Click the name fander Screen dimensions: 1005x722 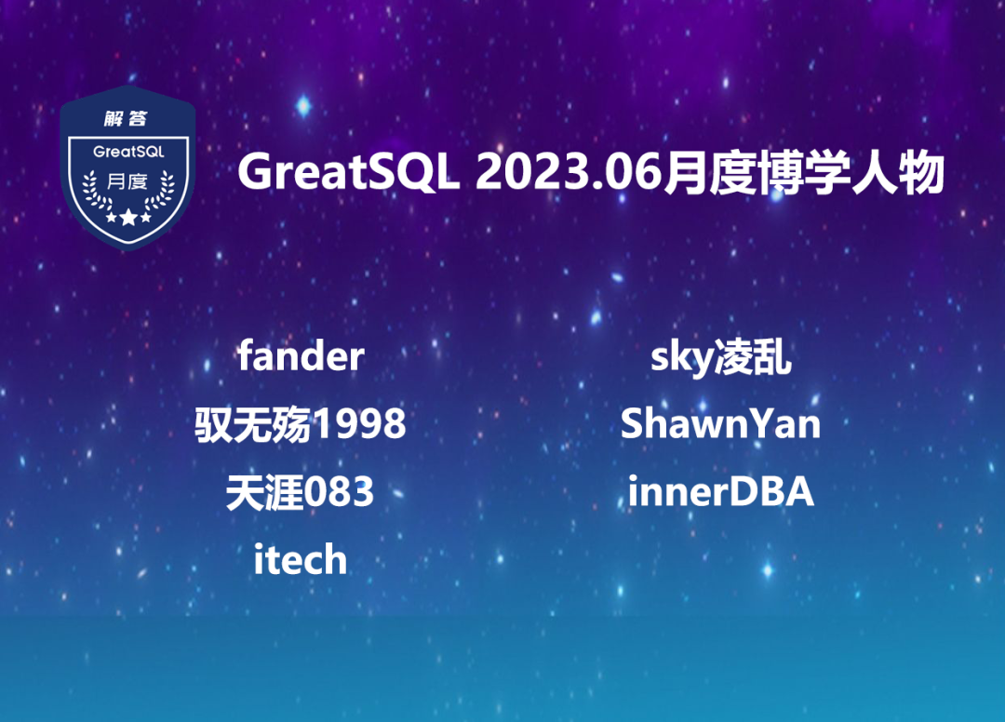(x=301, y=355)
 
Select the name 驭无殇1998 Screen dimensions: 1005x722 (x=301, y=423)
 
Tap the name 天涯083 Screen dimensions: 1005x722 (x=300, y=492)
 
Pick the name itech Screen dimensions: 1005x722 (x=300, y=558)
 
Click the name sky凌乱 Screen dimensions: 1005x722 (x=721, y=357)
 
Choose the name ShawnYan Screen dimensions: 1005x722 (x=720, y=423)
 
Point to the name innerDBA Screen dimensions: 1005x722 (x=720, y=491)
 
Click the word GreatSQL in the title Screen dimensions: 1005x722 (x=349, y=172)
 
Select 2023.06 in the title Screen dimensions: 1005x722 (x=568, y=172)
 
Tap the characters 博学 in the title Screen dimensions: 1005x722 (x=804, y=172)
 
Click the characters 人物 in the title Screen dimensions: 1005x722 (x=898, y=172)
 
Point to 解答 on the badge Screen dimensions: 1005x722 (x=126, y=118)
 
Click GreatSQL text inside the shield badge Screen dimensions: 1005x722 (x=128, y=152)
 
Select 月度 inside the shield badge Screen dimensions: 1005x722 (x=127, y=182)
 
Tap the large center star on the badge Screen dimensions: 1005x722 (x=128, y=217)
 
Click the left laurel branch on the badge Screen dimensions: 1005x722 (x=96, y=191)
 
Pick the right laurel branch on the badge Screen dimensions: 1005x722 (x=160, y=191)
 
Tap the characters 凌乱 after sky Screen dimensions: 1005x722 (x=753, y=357)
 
